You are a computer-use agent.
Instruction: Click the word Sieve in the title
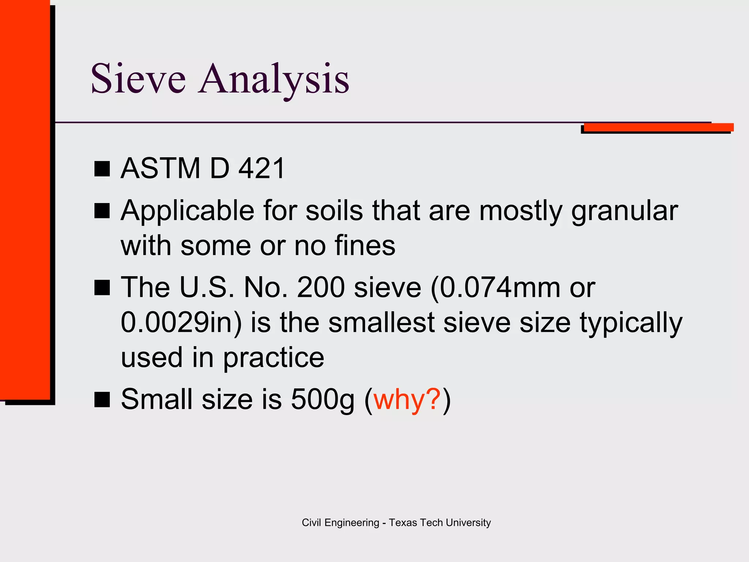[x=138, y=79]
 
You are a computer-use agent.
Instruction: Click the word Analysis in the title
[x=274, y=79]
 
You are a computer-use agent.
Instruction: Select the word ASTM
[x=161, y=169]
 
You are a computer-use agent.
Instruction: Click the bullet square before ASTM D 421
[x=102, y=169]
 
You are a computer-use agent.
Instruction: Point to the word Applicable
[x=187, y=211]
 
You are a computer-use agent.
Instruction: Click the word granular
[x=624, y=211]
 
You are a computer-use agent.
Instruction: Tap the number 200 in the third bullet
[x=321, y=288]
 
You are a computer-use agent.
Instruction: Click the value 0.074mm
[x=499, y=288]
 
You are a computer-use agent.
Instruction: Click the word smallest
[x=381, y=322]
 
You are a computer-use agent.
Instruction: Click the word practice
[x=274, y=357]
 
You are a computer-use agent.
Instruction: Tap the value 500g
[x=323, y=399]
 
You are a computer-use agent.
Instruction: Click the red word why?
[x=407, y=399]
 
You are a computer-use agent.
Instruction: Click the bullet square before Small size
[x=102, y=399]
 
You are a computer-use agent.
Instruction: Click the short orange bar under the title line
[x=658, y=127]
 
